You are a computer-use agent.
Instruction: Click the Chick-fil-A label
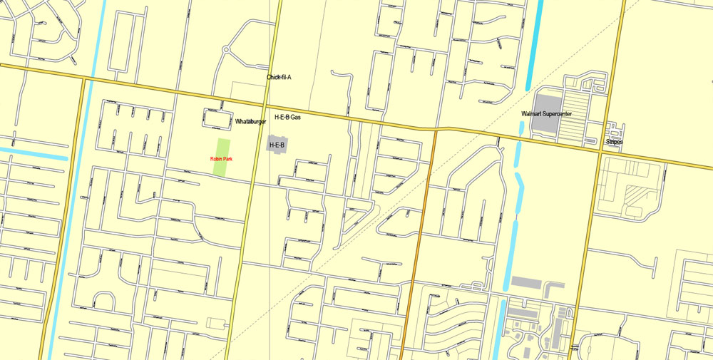click(279, 77)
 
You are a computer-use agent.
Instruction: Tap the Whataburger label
click(250, 122)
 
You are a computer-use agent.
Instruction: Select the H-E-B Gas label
click(287, 117)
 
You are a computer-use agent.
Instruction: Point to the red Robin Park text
click(221, 159)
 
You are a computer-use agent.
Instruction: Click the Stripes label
click(614, 142)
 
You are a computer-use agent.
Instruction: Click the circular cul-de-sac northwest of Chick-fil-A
click(226, 51)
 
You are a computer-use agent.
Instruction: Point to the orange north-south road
click(425, 214)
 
